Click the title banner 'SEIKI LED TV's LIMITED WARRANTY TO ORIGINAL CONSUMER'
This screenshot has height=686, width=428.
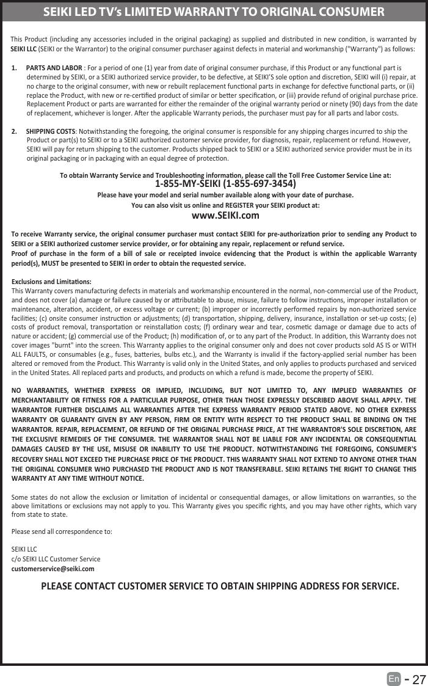[214, 12]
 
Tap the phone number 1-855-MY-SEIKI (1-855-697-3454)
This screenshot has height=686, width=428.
[226, 184]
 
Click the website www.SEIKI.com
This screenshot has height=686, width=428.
[225, 215]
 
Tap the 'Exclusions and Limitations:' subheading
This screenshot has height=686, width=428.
[52, 282]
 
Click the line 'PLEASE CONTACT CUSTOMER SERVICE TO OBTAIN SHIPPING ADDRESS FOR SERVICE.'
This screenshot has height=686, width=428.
[220, 587]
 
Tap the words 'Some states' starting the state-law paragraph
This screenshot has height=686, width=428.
[29, 496]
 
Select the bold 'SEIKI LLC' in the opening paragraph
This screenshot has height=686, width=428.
[24, 48]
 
